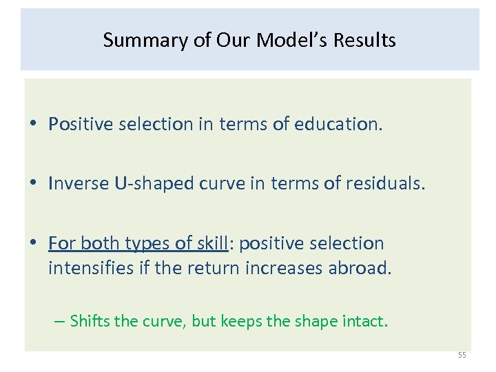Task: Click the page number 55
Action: [x=462, y=355]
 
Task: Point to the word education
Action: [x=336, y=124]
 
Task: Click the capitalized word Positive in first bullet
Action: [x=77, y=124]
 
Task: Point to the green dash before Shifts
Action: [x=61, y=321]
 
